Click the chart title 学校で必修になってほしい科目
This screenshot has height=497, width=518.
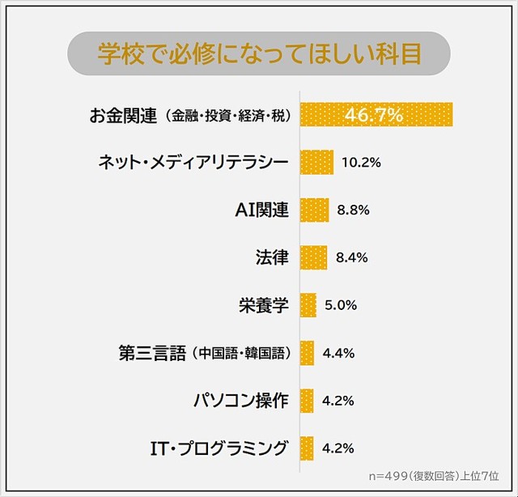tap(259, 54)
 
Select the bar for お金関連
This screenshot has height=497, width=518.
tap(376, 115)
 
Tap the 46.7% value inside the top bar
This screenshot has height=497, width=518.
tap(374, 115)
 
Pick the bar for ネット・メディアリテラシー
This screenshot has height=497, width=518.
tap(316, 163)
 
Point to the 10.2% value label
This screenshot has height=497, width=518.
tap(361, 163)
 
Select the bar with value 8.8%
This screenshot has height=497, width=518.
tap(314, 210)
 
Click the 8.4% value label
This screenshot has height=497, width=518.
tap(352, 258)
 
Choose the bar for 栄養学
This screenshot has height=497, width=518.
tap(308, 306)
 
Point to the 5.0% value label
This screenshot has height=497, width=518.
tap(341, 306)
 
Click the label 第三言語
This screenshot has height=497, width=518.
tap(152, 354)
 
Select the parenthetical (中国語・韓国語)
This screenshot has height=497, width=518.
tap(240, 354)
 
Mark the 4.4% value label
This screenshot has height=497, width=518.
tap(338, 354)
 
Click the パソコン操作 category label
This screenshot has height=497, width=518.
tap(240, 401)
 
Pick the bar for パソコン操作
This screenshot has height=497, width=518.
tap(307, 401)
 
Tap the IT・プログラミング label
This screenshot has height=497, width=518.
tap(219, 448)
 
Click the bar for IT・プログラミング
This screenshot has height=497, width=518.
tap(307, 448)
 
